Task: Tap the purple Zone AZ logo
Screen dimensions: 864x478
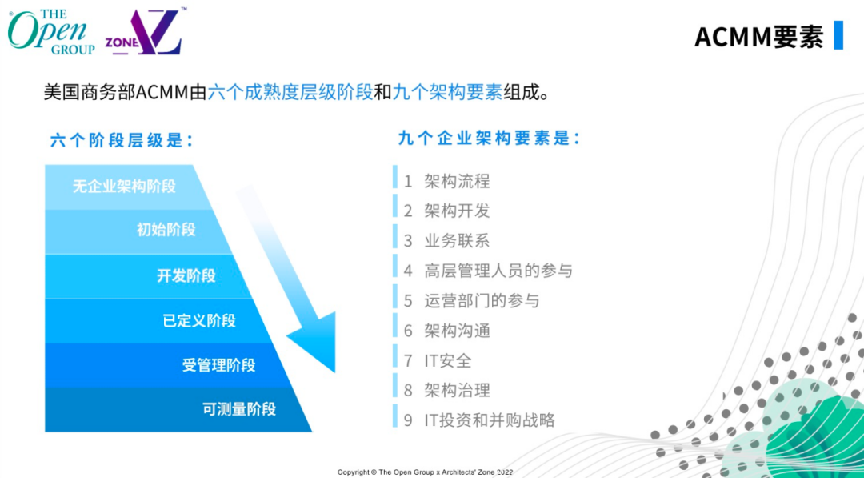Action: point(144,32)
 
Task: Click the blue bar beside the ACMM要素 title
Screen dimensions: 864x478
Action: point(838,35)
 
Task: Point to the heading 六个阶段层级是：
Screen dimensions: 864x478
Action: point(122,140)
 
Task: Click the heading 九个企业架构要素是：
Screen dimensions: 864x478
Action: point(490,139)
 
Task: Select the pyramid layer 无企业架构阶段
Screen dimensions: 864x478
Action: point(124,187)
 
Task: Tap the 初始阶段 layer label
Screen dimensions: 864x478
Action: point(166,229)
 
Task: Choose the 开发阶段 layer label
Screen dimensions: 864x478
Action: point(186,275)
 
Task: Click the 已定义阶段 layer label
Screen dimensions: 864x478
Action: point(199,320)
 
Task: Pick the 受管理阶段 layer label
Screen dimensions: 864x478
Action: point(218,365)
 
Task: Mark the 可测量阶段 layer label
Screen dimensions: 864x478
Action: point(239,409)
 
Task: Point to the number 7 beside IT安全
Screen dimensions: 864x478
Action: point(408,361)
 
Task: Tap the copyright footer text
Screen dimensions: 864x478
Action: point(426,472)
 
